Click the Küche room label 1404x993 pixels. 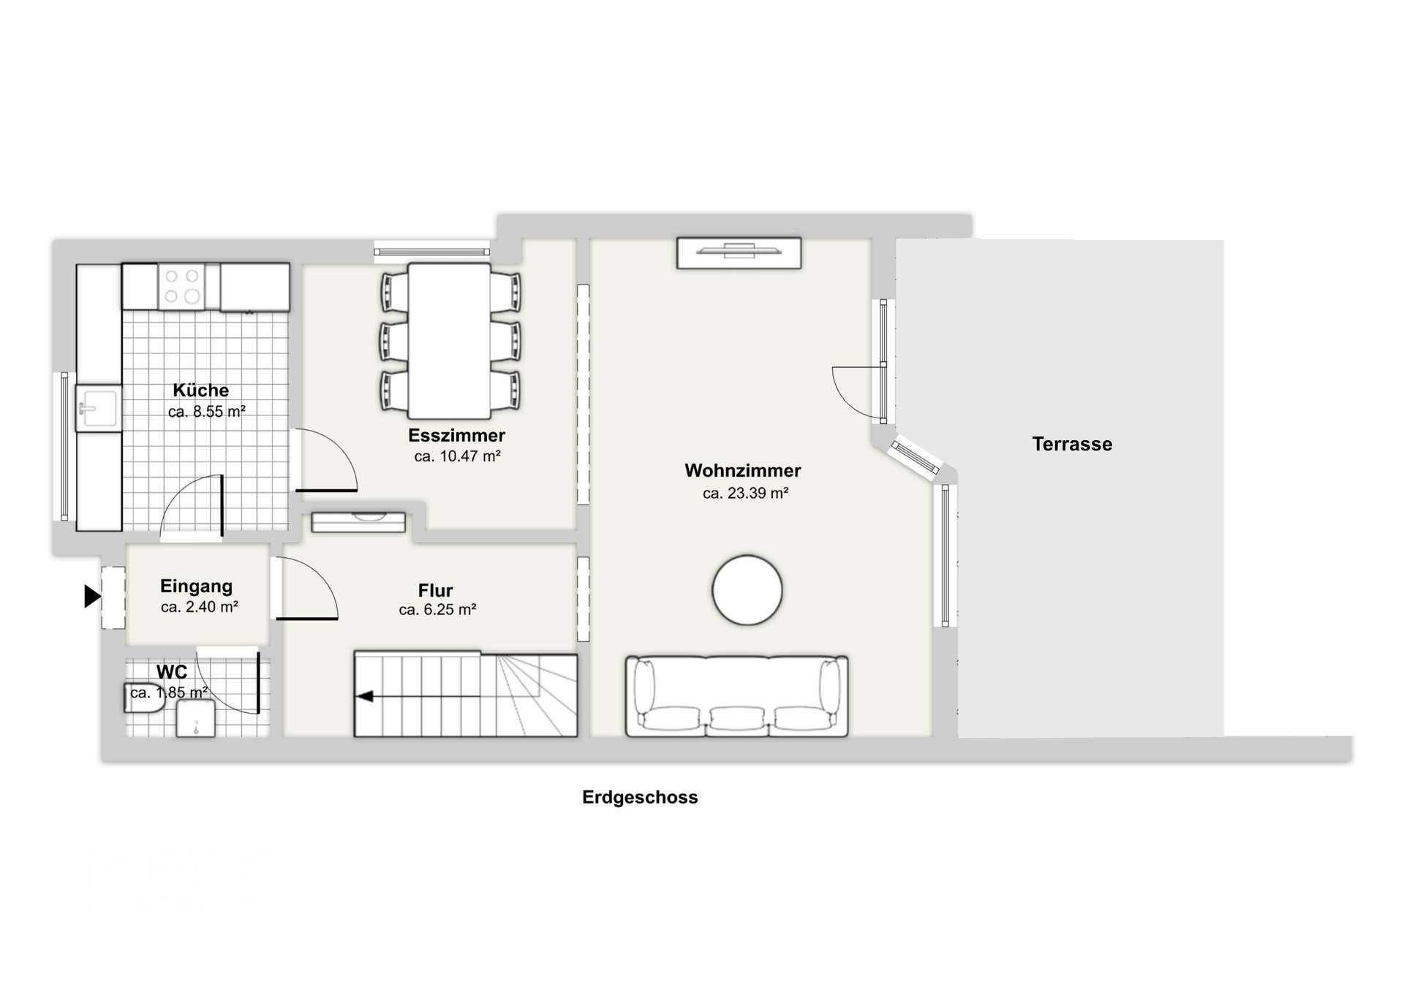pos(201,390)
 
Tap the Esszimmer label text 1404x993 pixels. pos(457,436)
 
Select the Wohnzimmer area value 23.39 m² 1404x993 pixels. pos(745,494)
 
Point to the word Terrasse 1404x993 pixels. pos(1072,444)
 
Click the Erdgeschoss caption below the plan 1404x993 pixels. pos(640,797)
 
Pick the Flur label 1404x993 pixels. pos(435,590)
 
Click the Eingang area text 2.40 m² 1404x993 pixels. pos(200,607)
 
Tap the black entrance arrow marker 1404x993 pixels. pos(92,597)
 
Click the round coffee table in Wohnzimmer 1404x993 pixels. pos(747,590)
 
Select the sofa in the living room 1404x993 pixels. pos(737,696)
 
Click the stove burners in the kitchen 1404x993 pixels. pos(181,286)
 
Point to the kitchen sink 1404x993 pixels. pos(99,408)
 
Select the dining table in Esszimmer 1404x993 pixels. pos(449,341)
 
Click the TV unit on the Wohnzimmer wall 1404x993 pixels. pos(739,253)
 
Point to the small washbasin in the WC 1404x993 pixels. pos(196,719)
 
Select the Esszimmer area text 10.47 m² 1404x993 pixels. pos(457,457)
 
